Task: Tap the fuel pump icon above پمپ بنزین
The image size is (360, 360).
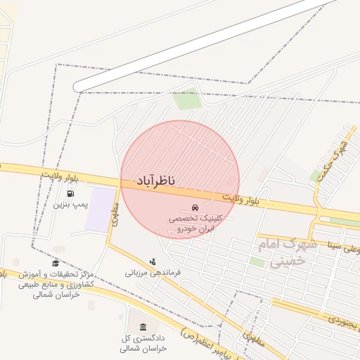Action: (x=70, y=193)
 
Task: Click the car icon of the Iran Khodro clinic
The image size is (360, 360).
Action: (x=193, y=208)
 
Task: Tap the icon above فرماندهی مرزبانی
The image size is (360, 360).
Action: (x=153, y=262)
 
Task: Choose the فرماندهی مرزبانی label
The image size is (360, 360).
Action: (x=153, y=272)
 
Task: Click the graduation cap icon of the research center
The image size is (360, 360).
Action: (x=56, y=263)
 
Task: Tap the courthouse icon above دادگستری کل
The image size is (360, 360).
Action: (x=143, y=327)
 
